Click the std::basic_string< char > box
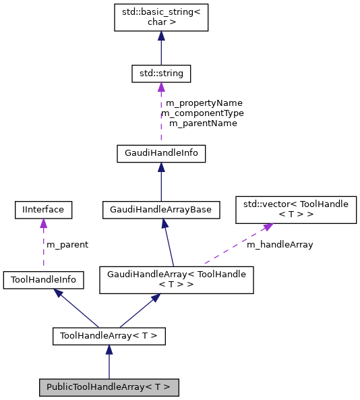coord(160,16)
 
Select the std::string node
coord(160,72)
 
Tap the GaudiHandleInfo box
coord(160,153)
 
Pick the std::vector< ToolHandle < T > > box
coord(295,209)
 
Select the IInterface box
coord(42,210)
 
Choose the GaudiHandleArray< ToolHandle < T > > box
coord(177,279)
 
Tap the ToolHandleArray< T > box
coord(109,335)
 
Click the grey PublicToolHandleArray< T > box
coord(109,387)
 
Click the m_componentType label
coord(203,113)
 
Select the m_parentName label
coord(203,123)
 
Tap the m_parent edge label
coord(67,244)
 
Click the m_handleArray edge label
coord(280,245)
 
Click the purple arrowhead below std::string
coord(160,86)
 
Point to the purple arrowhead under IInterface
coord(42,223)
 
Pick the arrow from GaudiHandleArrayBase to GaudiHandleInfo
coord(160,181)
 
